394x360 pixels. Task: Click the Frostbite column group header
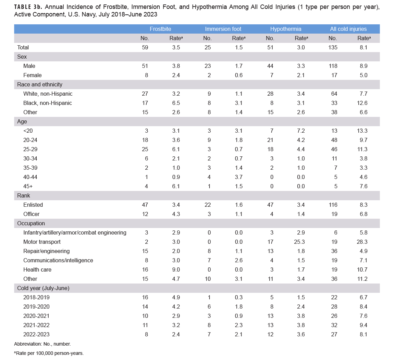(x=160, y=29)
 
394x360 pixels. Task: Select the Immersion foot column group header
(x=223, y=29)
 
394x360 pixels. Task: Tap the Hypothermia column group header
(x=286, y=29)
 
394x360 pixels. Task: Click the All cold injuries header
(x=348, y=29)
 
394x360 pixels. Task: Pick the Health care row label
(x=37, y=269)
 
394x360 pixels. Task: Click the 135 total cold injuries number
(x=333, y=47)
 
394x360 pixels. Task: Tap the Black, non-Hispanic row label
(x=48, y=103)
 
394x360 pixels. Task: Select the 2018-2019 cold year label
(x=36, y=297)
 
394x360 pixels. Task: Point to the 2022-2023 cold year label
(x=36, y=334)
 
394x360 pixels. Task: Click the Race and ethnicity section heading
(x=40, y=84)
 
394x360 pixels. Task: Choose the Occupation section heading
(x=31, y=223)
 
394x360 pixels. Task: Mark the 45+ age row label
(x=28, y=186)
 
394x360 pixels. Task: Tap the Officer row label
(x=32, y=214)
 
